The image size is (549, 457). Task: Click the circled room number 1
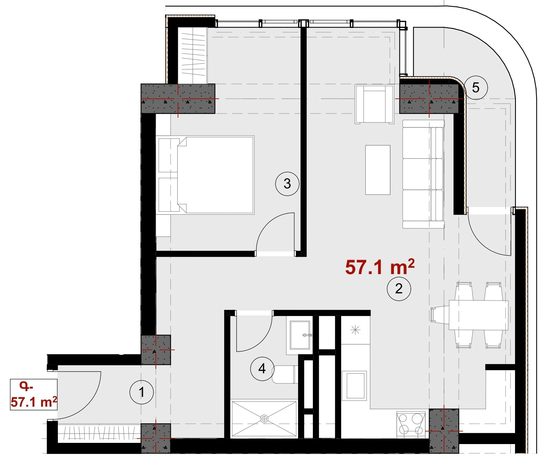click(142, 392)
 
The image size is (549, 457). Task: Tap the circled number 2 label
click(399, 288)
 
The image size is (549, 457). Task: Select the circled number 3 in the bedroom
click(287, 183)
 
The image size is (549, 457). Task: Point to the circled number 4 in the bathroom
click(262, 368)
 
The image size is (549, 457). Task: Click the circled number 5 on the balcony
click(476, 87)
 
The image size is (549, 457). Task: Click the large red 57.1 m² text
click(380, 267)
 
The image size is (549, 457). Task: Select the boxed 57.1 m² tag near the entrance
click(34, 394)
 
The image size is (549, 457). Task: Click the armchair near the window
click(374, 104)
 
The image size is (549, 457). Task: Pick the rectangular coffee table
click(378, 170)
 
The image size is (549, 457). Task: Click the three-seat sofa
click(423, 174)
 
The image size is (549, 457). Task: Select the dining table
click(479, 315)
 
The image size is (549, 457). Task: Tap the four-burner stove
click(411, 424)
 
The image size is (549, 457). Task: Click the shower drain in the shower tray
click(264, 419)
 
